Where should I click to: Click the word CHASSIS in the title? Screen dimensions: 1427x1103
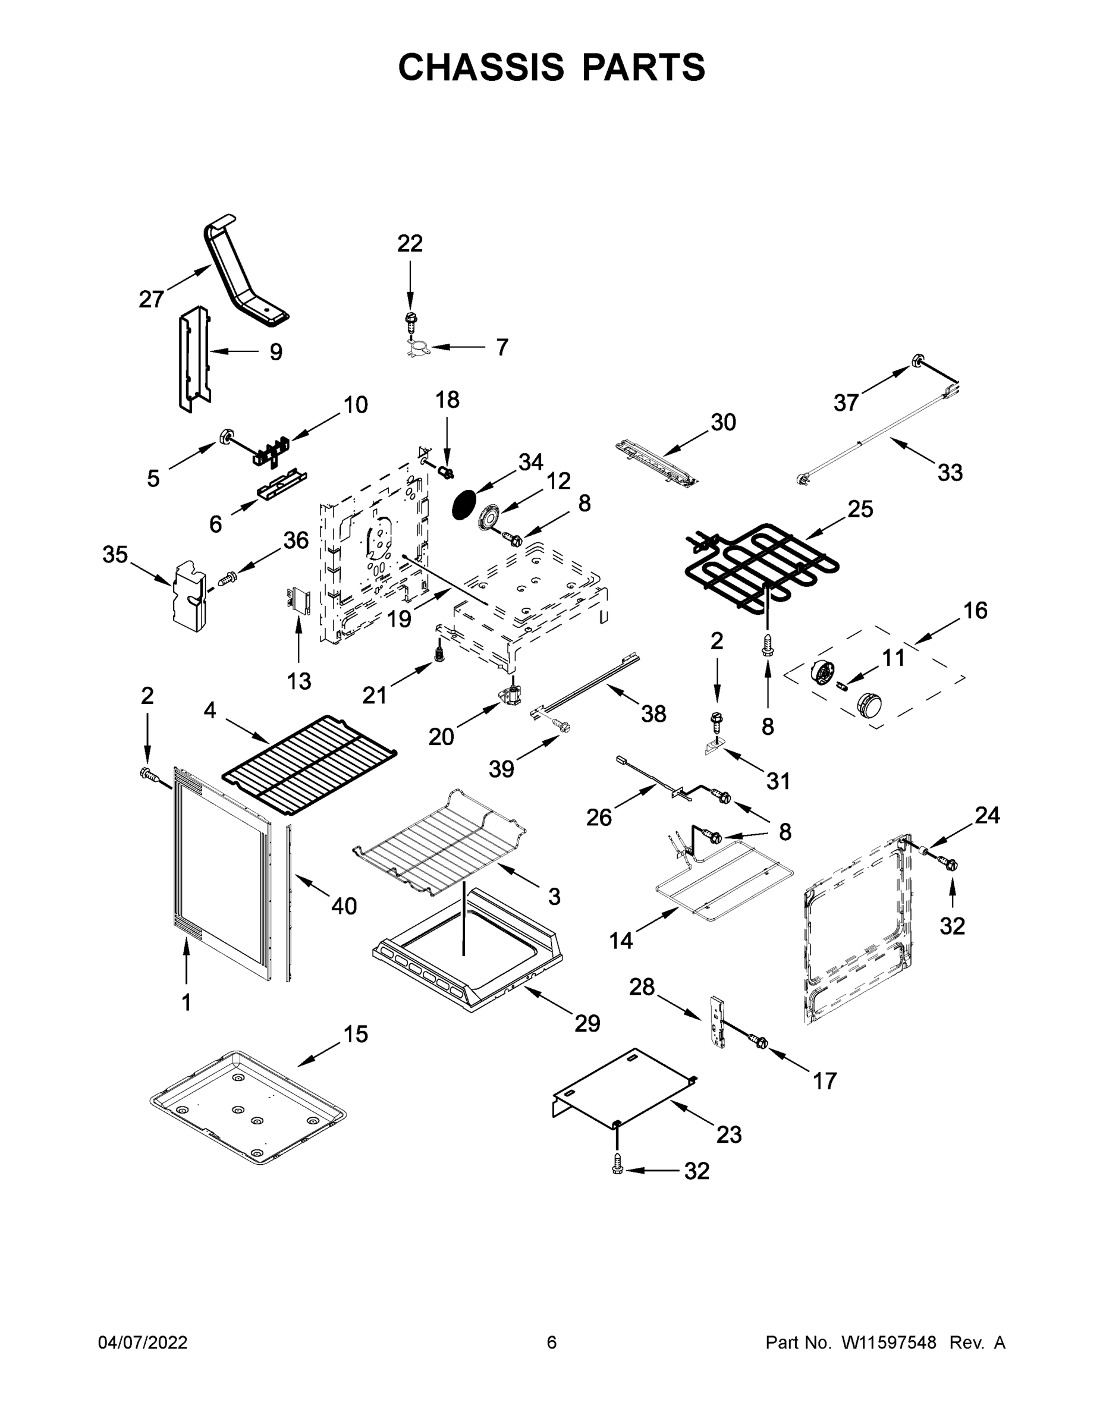[481, 67]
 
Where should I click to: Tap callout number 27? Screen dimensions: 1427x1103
[151, 299]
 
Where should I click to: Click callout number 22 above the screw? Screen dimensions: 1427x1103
[410, 243]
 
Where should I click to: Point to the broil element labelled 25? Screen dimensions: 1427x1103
[761, 566]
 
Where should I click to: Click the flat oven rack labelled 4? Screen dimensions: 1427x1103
[309, 762]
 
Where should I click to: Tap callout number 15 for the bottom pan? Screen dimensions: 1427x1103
[356, 1033]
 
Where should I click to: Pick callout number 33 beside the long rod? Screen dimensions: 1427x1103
[950, 473]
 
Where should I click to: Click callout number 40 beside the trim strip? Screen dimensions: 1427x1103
[344, 906]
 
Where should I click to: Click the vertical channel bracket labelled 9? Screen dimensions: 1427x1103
[194, 358]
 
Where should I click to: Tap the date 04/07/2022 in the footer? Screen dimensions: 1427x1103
[143, 1342]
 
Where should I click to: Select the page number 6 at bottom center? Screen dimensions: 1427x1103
[552, 1342]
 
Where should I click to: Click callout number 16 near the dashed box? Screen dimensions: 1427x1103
[975, 610]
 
